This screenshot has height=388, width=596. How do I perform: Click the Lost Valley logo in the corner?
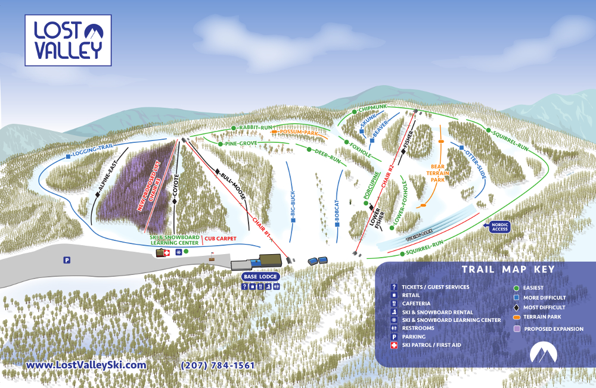point(67,40)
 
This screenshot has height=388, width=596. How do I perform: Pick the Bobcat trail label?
point(336,211)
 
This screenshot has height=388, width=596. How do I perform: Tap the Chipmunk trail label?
point(372,108)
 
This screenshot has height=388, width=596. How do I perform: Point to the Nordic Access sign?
point(499,227)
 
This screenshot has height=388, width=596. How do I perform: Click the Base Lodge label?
point(260,277)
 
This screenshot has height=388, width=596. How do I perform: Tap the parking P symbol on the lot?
point(67,259)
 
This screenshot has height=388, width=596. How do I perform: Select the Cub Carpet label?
point(221,239)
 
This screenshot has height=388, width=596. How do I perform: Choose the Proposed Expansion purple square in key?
point(516,328)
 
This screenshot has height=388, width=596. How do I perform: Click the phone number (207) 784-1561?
point(218,365)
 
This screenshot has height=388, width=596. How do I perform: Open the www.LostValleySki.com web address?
point(86,365)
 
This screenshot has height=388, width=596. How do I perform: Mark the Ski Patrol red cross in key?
point(394,345)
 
